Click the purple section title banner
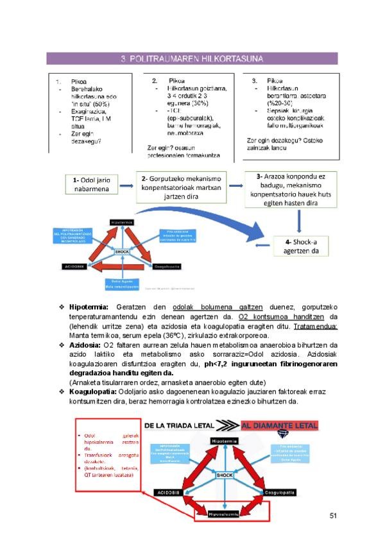192,59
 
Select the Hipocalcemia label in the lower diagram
223,513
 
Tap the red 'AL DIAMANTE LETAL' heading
279,425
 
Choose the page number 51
333,515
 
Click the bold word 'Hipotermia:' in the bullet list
89,307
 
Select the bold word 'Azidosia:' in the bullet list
85,345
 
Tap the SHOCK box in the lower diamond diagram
224,475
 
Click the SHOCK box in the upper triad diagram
122,251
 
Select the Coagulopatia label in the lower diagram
280,493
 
